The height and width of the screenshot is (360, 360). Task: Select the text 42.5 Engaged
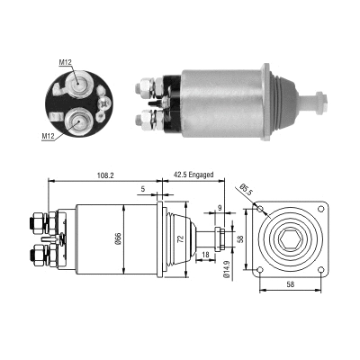click(x=193, y=176)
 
